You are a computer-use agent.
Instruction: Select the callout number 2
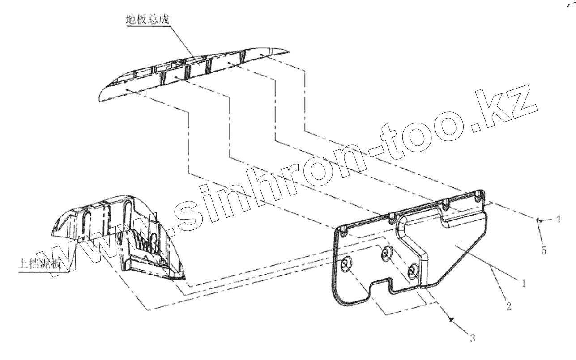point(508,307)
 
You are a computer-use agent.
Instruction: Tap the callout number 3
point(472,338)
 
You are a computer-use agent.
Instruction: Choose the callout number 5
point(544,251)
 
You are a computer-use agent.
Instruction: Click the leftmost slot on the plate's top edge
point(343,231)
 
